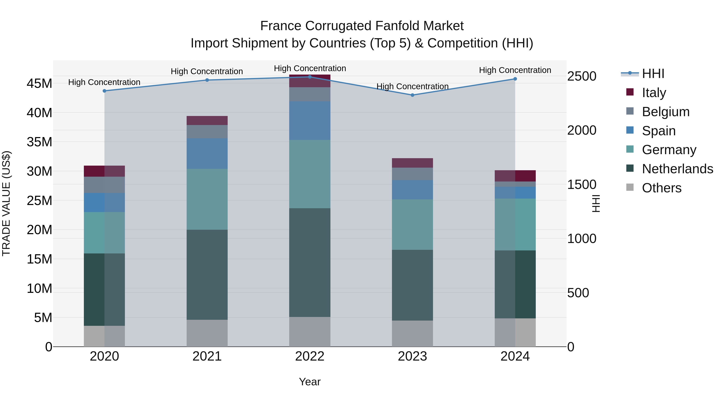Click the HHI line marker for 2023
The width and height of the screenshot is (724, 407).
412,95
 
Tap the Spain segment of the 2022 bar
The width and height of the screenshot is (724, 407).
310,121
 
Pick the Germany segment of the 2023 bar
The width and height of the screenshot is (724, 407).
412,225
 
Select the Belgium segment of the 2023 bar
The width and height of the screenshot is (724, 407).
412,174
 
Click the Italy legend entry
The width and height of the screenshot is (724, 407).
654,92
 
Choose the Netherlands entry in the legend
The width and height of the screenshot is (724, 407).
677,169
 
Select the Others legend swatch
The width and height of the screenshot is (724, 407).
630,187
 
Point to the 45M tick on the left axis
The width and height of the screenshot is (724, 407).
39,83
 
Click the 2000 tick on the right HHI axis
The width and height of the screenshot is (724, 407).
581,130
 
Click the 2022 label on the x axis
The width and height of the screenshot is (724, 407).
310,356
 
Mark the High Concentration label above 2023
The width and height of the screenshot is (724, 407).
412,86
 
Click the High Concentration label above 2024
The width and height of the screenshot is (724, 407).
515,70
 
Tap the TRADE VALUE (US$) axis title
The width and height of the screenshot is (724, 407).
6,203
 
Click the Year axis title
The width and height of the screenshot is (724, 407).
310,382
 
